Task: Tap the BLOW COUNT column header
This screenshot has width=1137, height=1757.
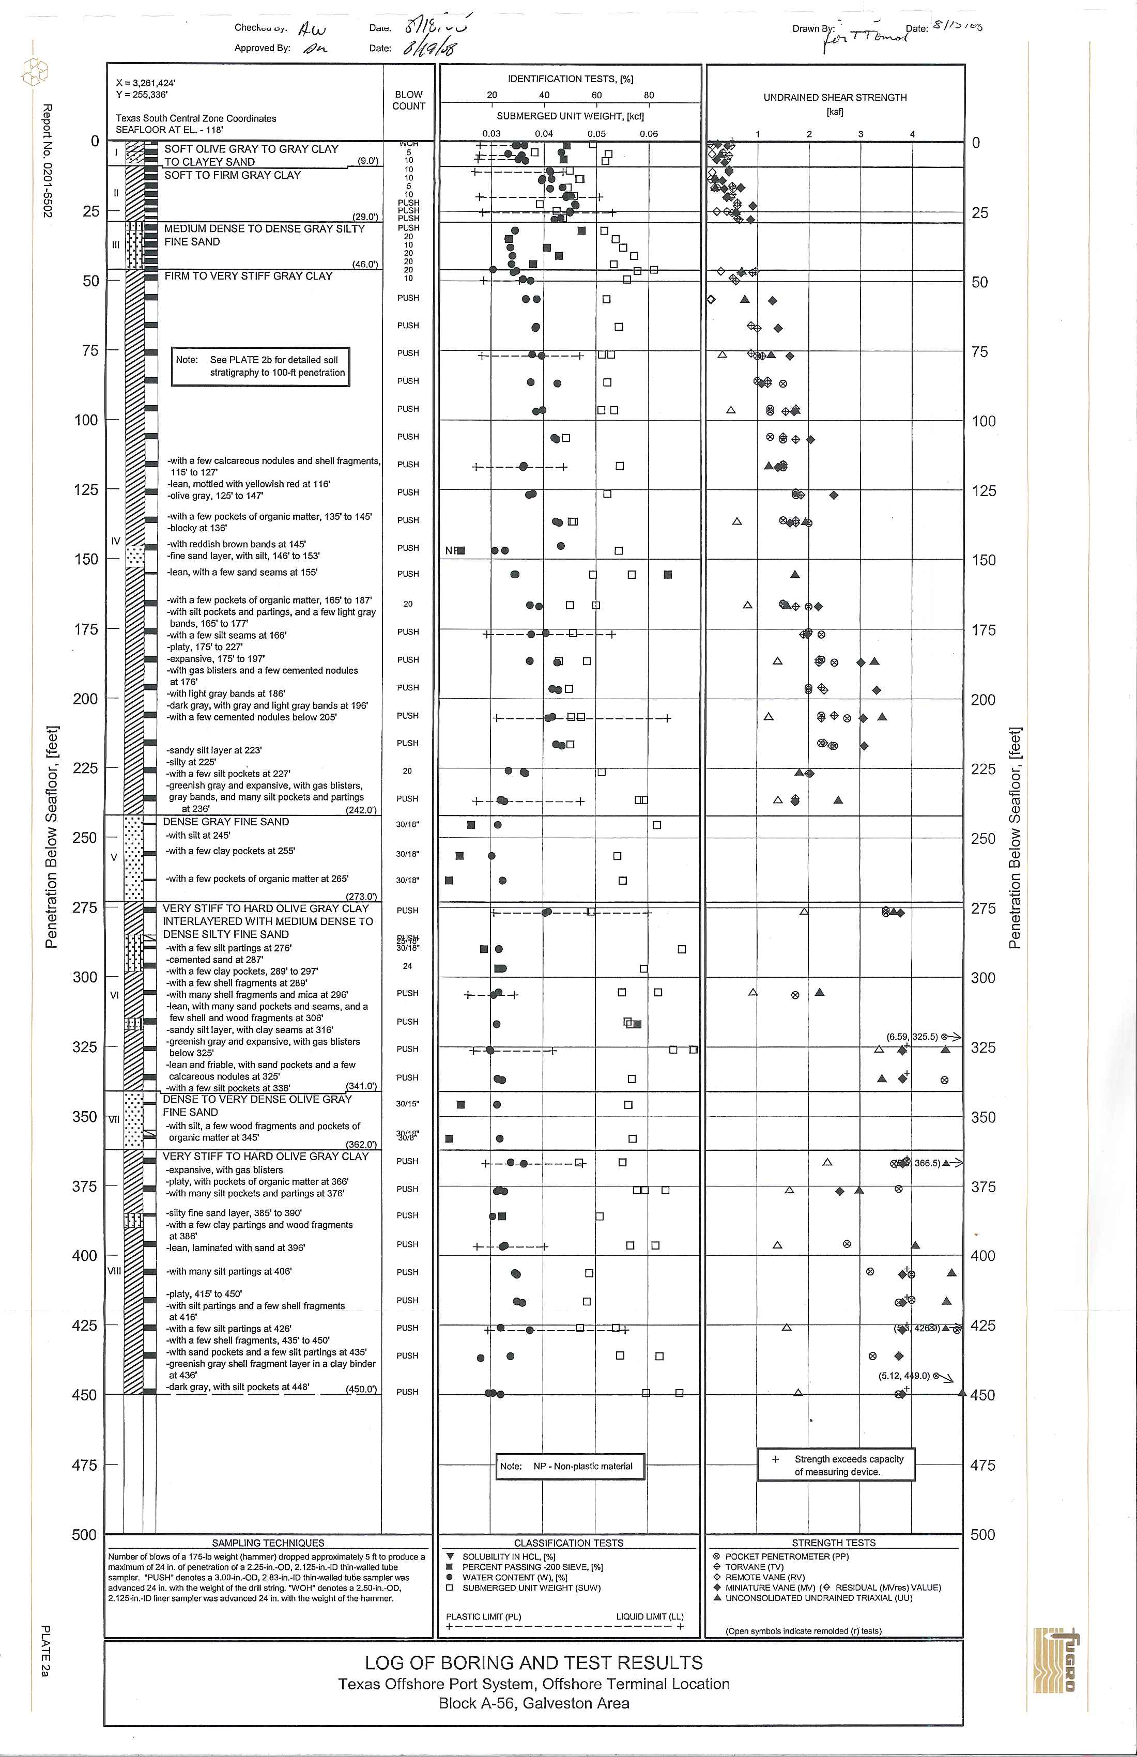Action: tap(408, 100)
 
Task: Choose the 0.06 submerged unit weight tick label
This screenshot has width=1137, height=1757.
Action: tap(648, 134)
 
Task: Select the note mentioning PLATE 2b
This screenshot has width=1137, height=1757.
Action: tap(260, 366)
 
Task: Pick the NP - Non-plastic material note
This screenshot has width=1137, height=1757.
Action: tap(571, 1466)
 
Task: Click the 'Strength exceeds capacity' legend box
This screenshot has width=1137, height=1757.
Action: tap(836, 1466)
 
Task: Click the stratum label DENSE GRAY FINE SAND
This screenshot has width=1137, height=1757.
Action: tap(226, 822)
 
